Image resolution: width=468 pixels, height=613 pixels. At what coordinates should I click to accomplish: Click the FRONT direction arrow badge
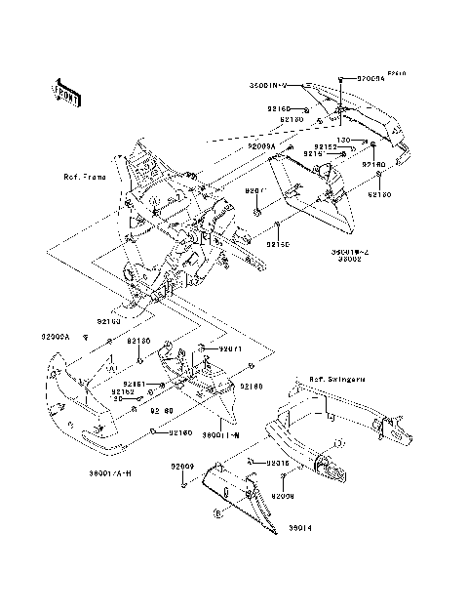(67, 93)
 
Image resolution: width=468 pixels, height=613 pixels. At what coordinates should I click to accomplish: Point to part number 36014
(299, 528)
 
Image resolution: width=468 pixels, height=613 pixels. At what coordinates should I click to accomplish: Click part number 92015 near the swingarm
(278, 464)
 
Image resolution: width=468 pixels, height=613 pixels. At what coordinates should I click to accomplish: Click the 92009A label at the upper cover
(262, 145)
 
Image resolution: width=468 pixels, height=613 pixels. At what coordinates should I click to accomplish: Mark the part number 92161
(133, 385)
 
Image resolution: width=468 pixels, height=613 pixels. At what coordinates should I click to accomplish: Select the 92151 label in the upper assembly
(316, 154)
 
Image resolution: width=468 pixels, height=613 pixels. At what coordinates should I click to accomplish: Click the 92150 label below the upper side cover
(277, 243)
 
